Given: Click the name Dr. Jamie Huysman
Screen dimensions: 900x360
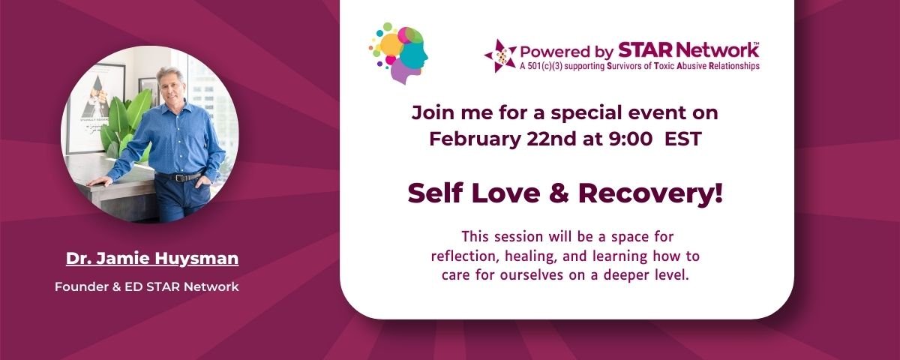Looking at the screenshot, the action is (152, 258).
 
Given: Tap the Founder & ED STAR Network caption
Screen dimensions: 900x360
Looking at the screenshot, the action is (147, 286).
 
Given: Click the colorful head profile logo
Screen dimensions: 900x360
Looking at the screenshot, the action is (398, 53).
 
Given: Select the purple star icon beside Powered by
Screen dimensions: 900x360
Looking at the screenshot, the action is (500, 55).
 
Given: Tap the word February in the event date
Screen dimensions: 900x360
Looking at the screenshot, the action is (475, 139).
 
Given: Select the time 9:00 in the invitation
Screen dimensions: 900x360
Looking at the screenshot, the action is (631, 139).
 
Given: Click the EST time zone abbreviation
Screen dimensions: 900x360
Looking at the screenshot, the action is (683, 139).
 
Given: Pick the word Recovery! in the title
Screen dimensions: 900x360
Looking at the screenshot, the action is (650, 193).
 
